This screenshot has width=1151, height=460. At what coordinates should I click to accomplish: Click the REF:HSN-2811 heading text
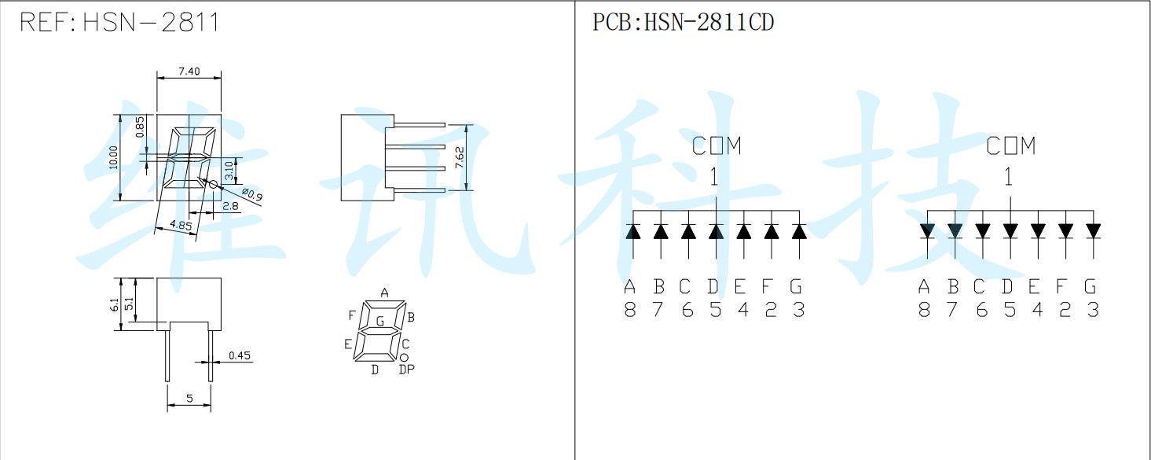(119, 23)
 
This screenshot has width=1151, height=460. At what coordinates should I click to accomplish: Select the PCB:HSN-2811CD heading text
(683, 23)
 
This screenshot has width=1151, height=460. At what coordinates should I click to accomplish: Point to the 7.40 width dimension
(189, 72)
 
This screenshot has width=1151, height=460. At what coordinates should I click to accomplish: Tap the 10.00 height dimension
(113, 157)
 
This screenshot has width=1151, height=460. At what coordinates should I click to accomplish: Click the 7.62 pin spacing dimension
(460, 157)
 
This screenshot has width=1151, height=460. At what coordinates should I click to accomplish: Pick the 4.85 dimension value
(181, 226)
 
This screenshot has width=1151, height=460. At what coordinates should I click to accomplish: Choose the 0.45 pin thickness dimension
(239, 356)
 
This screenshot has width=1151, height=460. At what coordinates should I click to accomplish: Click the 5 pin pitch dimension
(189, 399)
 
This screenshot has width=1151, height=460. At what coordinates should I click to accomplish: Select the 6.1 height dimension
(115, 304)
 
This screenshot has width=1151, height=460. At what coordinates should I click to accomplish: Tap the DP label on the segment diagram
(406, 370)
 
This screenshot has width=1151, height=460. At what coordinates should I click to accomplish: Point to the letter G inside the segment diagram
(380, 321)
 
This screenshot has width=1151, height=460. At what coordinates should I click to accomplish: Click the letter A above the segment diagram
(384, 293)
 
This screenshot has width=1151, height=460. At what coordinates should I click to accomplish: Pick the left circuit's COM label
(717, 146)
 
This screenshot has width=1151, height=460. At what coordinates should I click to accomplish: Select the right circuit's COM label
(1011, 146)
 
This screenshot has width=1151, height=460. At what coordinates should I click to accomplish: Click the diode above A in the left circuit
(633, 231)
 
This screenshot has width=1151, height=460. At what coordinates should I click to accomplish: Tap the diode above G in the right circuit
(1093, 231)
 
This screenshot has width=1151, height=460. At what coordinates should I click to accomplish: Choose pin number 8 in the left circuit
(630, 311)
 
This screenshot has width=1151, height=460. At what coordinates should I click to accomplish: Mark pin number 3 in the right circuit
(1093, 311)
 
